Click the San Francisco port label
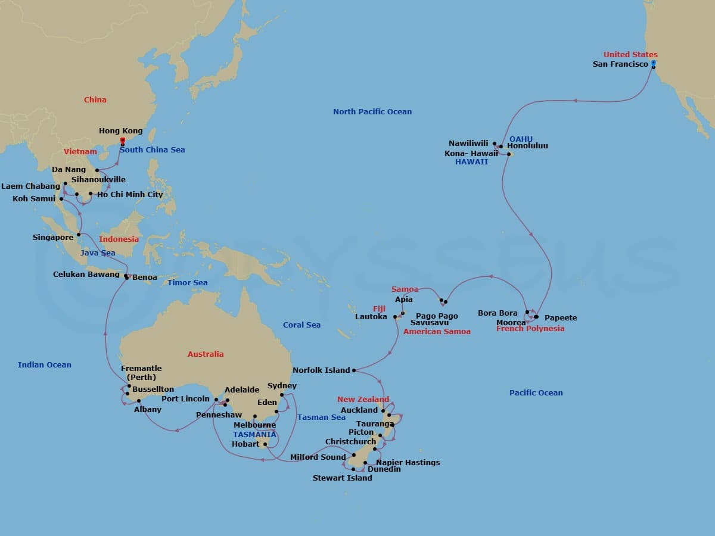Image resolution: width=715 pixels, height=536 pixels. [620, 64]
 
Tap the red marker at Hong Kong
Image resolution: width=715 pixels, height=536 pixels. [122, 141]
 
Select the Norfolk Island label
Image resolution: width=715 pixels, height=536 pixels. [321, 370]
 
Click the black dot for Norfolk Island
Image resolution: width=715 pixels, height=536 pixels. [354, 370]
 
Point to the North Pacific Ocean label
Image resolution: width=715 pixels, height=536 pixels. [372, 111]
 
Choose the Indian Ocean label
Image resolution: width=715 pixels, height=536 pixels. [45, 365]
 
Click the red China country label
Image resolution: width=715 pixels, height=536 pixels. [95, 99]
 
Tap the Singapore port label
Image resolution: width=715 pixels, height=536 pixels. [53, 238]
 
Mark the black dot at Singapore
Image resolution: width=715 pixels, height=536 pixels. [79, 235]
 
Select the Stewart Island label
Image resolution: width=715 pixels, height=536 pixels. [342, 478]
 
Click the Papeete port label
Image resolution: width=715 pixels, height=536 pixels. [561, 317]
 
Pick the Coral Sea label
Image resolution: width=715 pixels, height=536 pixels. [301, 325]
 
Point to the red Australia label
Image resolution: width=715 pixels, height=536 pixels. [206, 354]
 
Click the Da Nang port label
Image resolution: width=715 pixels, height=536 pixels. [69, 170]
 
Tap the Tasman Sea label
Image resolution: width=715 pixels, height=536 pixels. [321, 417]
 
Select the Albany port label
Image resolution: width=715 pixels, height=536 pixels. [148, 409]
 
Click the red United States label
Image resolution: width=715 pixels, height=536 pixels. [630, 55]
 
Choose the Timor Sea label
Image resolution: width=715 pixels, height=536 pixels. [188, 282]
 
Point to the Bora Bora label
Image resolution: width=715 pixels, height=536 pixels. [498, 313]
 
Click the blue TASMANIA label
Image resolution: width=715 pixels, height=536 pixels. [254, 434]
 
